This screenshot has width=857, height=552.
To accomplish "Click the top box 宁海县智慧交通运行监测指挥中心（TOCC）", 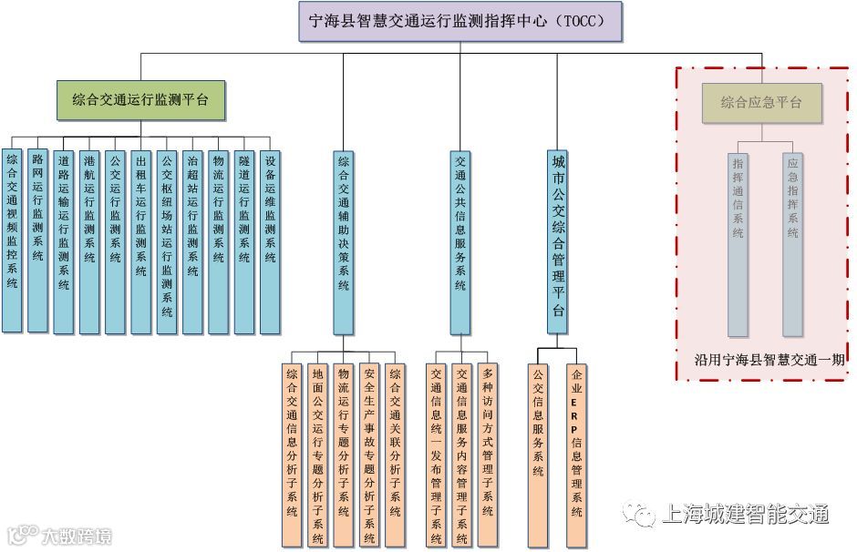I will click(x=460, y=22).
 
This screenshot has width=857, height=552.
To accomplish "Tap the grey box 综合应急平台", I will click(x=761, y=103).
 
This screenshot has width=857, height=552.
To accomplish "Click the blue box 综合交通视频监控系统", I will click(x=12, y=240).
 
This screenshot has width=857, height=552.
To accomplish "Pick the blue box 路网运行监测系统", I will click(x=37, y=240).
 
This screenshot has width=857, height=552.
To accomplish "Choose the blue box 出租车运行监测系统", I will click(x=140, y=240).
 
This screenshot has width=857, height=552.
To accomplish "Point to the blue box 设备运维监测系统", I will click(x=271, y=240).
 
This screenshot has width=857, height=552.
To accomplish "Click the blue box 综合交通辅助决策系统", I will click(x=343, y=240).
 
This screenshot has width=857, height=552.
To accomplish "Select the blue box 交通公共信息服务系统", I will click(x=460, y=240).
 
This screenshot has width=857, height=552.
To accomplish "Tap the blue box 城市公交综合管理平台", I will click(x=558, y=240).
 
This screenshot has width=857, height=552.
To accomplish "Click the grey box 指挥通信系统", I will click(x=738, y=243).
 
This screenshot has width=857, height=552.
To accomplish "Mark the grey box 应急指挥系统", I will click(x=793, y=243).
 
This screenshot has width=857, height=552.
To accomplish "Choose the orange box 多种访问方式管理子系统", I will click(x=488, y=441).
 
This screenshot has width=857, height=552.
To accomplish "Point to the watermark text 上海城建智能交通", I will click(x=743, y=515).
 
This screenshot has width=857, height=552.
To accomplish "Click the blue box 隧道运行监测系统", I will click(x=244, y=240).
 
